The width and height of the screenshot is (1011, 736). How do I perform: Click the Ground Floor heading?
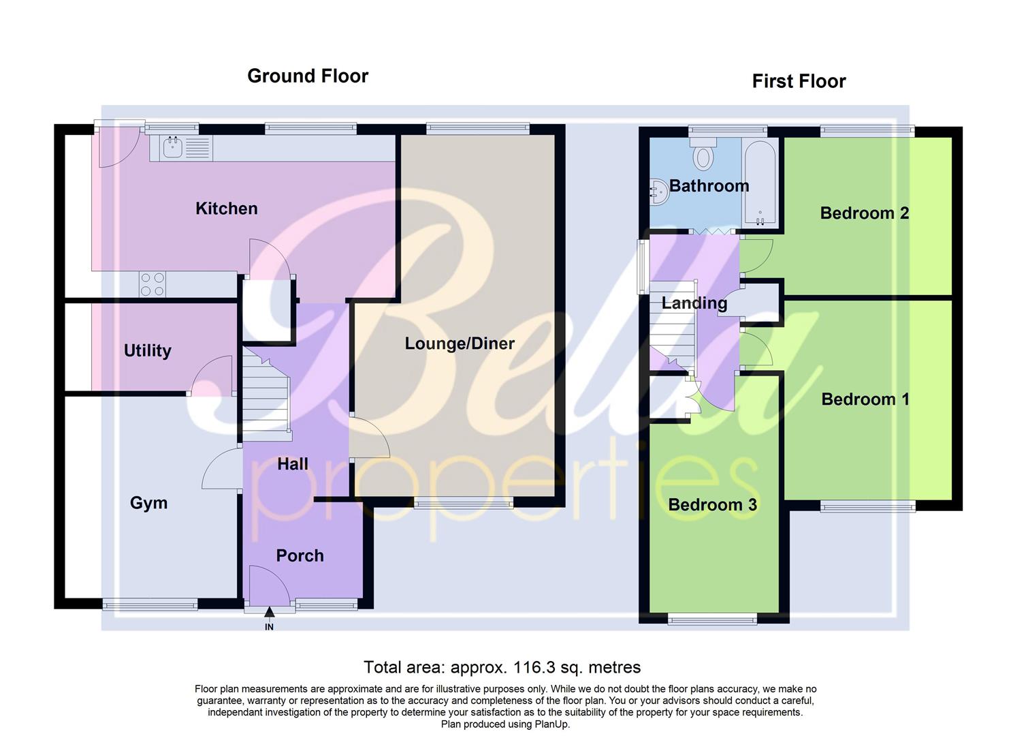tap(307, 76)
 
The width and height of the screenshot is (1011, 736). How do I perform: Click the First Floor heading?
tap(799, 81)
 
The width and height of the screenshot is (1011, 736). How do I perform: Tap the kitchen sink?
tap(173, 147)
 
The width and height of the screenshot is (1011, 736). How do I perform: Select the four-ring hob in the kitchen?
tap(153, 284)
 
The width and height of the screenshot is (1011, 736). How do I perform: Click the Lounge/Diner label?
tap(460, 343)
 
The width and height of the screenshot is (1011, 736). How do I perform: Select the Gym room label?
tap(148, 503)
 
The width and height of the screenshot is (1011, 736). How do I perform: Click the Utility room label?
tap(147, 350)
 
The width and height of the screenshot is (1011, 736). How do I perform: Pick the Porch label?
tap(300, 555)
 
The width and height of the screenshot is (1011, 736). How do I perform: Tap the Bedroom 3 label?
tap(712, 504)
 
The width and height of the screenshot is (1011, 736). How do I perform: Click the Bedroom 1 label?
tap(865, 399)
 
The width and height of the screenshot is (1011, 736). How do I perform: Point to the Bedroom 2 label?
tap(864, 213)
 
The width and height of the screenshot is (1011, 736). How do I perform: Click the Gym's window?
tap(150, 604)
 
